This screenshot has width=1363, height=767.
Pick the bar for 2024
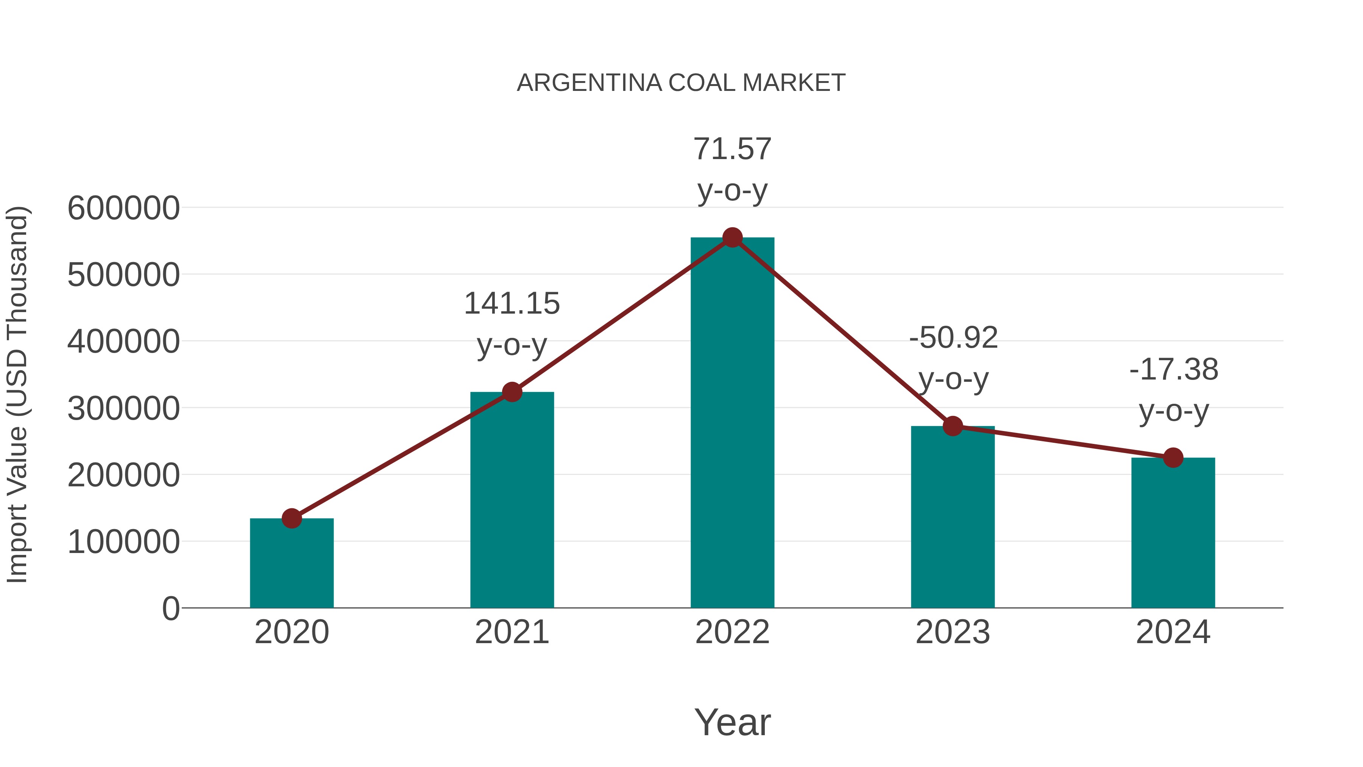1173,534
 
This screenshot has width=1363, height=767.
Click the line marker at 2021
512,392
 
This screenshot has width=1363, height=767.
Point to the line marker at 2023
953,426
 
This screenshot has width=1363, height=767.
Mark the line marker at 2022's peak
732,237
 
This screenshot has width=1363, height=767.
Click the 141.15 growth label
512,304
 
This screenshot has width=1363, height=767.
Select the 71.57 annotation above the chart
732,149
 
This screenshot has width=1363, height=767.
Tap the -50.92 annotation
953,338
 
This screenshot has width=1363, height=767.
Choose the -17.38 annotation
1173,369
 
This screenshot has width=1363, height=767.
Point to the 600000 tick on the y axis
123,208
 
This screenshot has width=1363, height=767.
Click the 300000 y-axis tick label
123,409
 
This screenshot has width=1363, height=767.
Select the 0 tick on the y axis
170,609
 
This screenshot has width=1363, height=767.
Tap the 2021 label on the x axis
512,632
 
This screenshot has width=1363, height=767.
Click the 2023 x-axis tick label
953,632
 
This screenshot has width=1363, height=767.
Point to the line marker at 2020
292,519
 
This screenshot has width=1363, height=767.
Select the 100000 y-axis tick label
123,542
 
